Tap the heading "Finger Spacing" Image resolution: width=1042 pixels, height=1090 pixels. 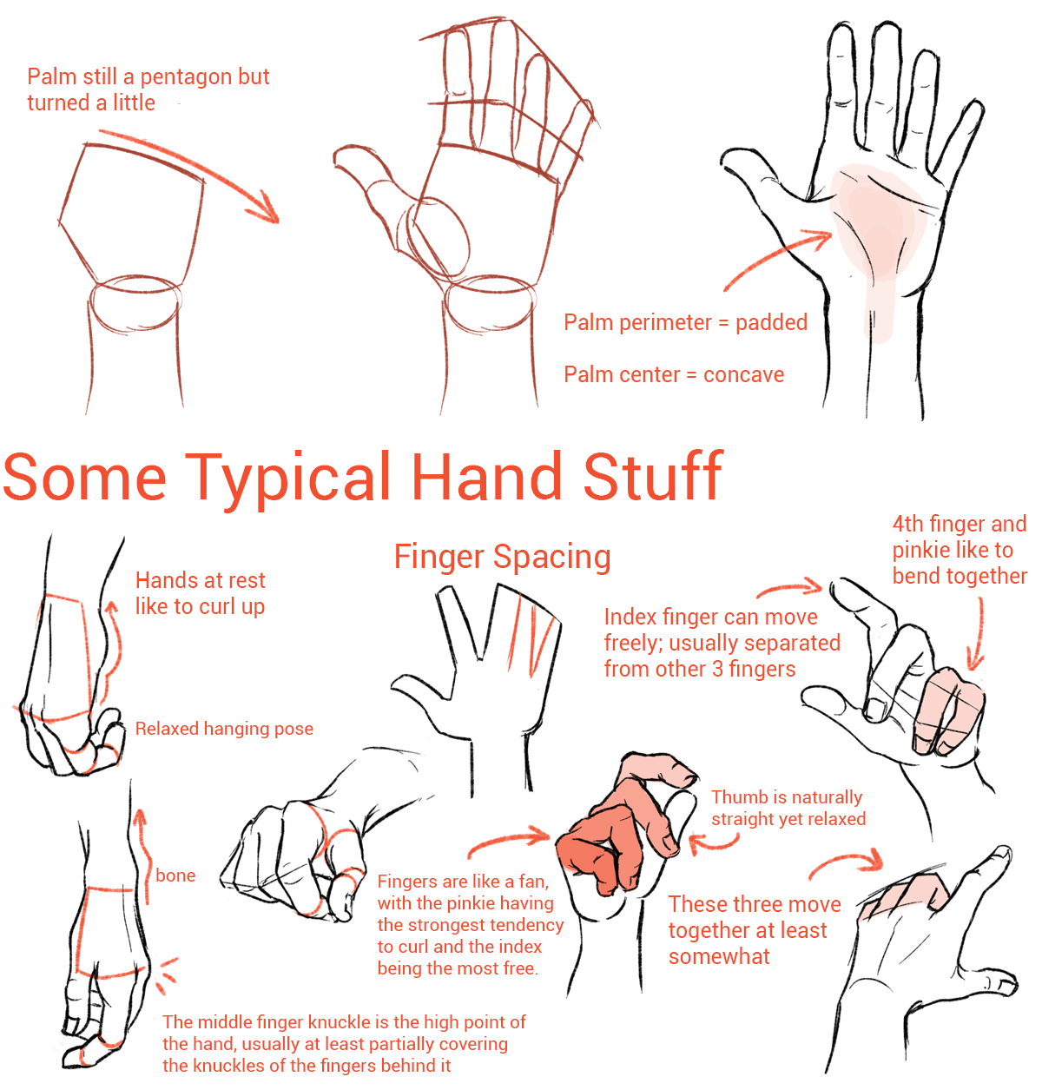[502, 558]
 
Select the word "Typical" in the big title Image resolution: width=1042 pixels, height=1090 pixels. [287, 479]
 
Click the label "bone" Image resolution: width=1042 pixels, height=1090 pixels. [175, 875]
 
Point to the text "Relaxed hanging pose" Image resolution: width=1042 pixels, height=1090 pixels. [224, 728]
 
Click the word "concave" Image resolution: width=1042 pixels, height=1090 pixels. [743, 374]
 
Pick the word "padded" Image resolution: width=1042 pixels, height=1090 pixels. [771, 323]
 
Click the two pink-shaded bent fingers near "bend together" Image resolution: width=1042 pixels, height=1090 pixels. [948, 710]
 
